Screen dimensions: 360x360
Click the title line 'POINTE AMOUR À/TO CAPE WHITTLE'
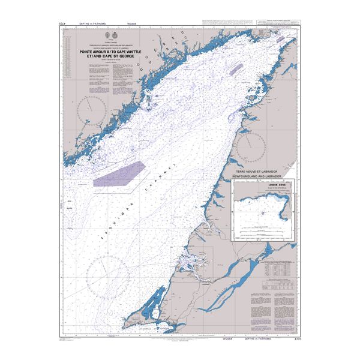113,52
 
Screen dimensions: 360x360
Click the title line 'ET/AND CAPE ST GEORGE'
113,56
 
